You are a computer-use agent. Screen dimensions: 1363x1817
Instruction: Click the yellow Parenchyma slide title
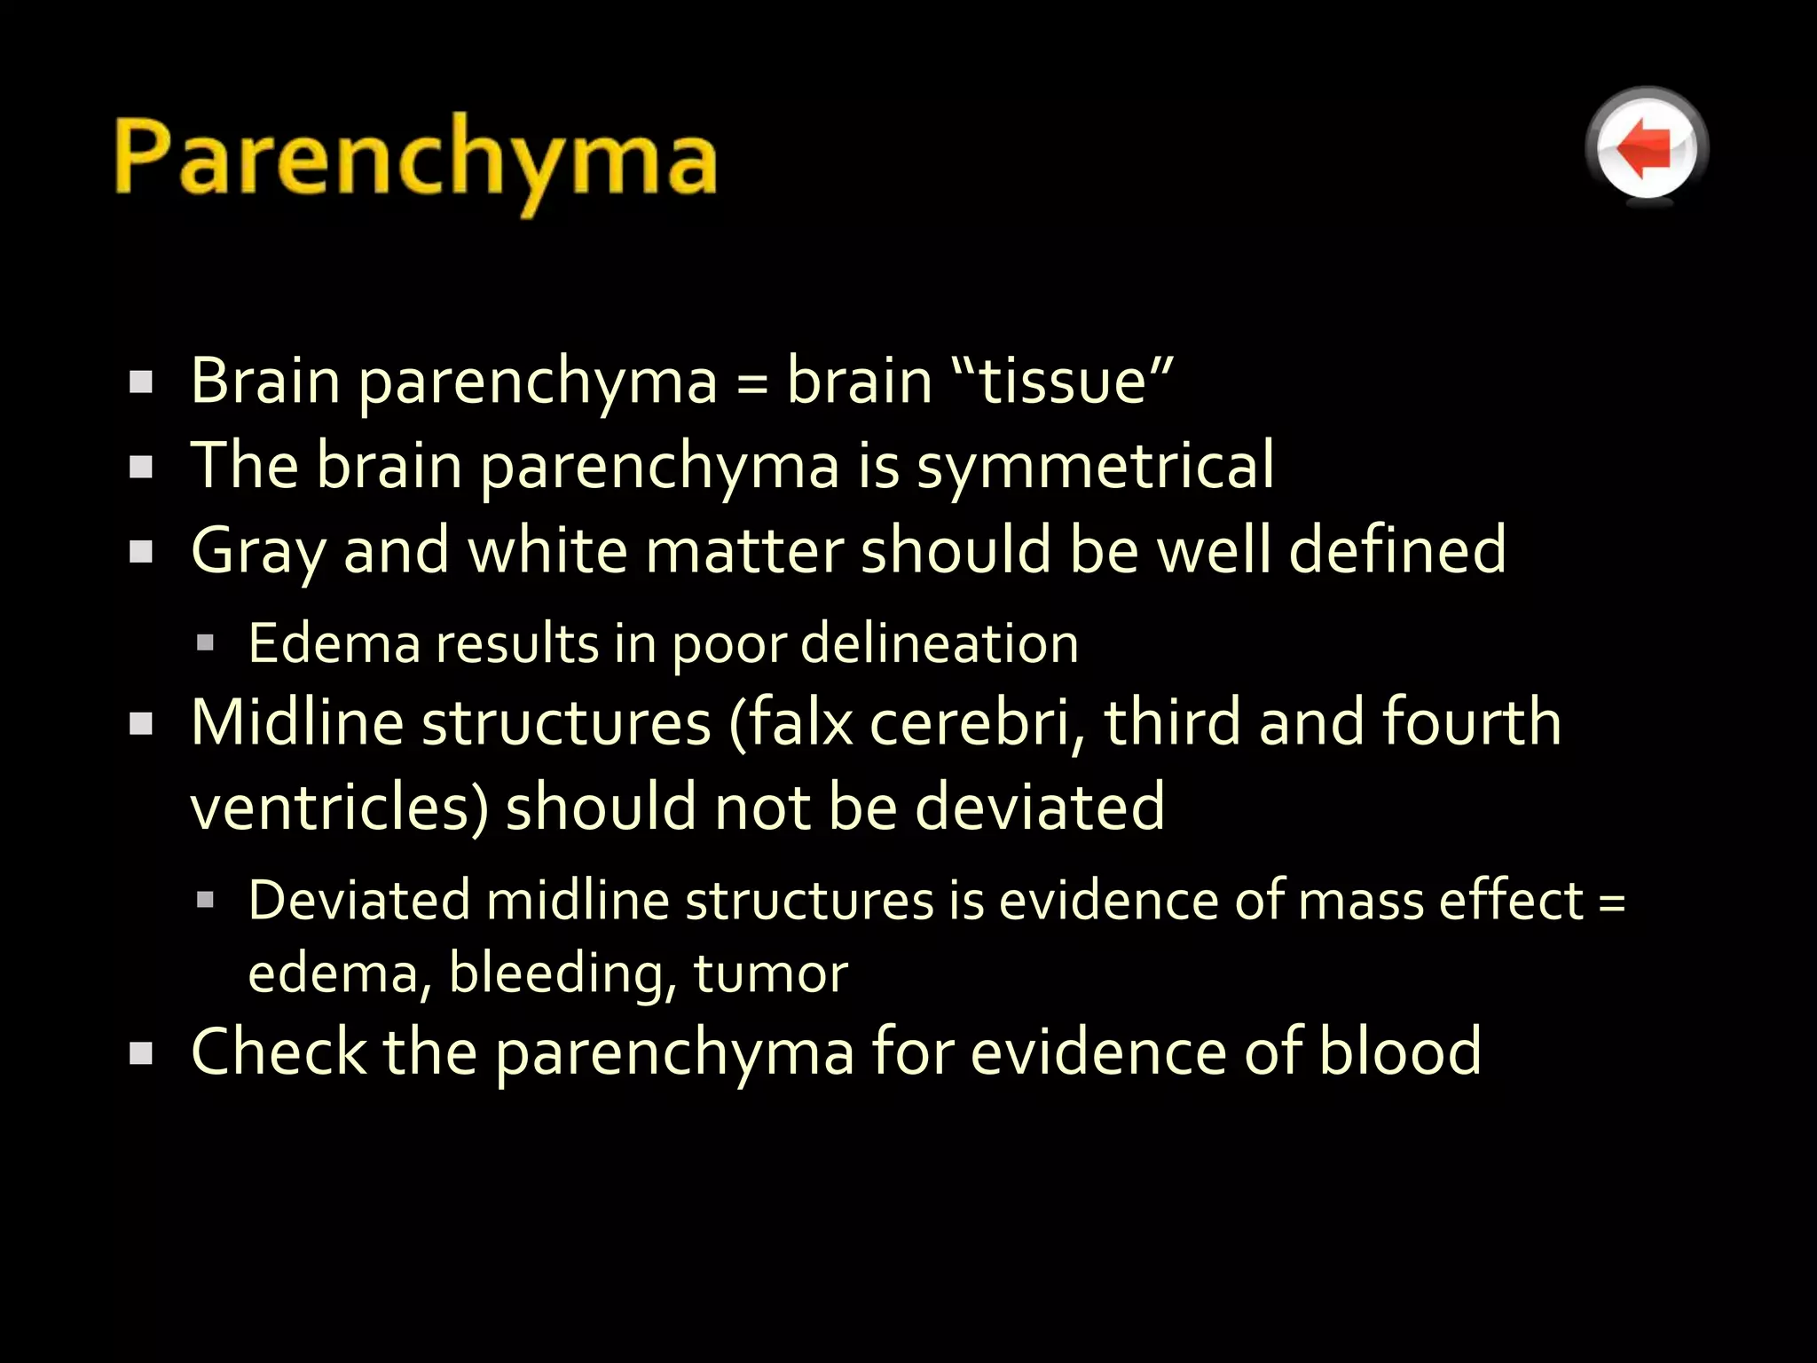pyautogui.click(x=415, y=160)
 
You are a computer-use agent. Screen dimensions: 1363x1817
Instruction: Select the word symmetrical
pyautogui.click(x=1095, y=466)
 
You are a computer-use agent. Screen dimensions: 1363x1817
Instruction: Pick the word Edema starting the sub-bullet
pyautogui.click(x=334, y=643)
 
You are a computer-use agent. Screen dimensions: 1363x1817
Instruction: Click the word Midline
pyautogui.click(x=297, y=722)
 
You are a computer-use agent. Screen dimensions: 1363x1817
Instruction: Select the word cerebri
pyautogui.click(x=979, y=722)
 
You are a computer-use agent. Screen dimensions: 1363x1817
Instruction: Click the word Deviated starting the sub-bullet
pyautogui.click(x=358, y=901)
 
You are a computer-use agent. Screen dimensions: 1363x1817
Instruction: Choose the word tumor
pyautogui.click(x=770, y=973)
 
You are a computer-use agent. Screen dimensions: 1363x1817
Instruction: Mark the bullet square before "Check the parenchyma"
pyautogui.click(x=141, y=1053)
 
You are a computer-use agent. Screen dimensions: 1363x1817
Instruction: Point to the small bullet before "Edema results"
pyautogui.click(x=206, y=642)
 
